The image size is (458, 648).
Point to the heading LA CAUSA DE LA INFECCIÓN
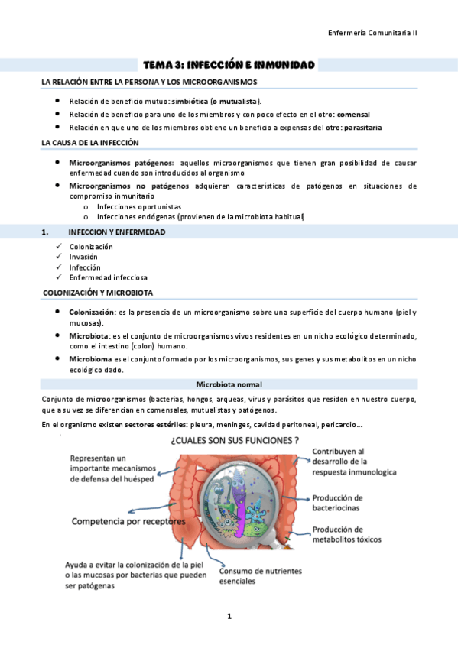(90, 143)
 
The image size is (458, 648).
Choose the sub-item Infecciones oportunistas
(139, 206)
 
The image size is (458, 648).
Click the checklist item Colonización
(91, 247)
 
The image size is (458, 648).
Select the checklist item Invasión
(83, 257)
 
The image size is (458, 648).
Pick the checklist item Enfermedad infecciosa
(108, 277)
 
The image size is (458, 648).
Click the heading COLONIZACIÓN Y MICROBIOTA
(98, 293)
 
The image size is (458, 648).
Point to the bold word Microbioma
(90, 358)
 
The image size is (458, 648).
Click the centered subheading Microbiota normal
(229, 384)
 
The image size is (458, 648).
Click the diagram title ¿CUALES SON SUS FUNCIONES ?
(235, 441)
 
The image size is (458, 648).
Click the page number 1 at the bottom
(229, 615)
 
